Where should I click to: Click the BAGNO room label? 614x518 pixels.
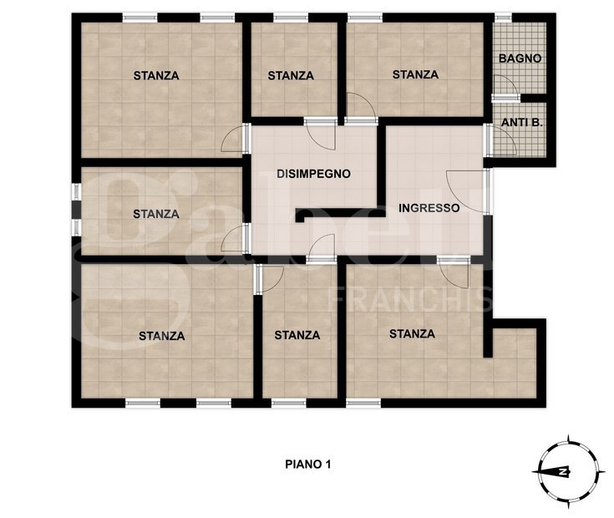click(x=520, y=58)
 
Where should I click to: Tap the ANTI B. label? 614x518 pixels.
click(x=522, y=123)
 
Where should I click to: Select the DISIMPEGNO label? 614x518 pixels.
click(x=313, y=174)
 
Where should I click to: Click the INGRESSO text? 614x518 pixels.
click(x=429, y=208)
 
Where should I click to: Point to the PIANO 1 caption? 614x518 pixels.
click(x=308, y=465)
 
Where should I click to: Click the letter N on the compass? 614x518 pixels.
click(x=563, y=471)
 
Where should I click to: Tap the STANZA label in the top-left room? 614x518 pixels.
click(x=156, y=75)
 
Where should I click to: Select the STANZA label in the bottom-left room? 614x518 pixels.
click(x=162, y=336)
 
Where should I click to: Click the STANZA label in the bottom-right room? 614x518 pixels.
click(x=412, y=334)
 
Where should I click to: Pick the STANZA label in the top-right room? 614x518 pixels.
click(x=415, y=74)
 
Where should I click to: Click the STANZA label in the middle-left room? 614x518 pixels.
click(x=156, y=214)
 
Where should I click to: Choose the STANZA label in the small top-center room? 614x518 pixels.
click(x=291, y=75)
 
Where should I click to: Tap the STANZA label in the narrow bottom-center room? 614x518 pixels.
click(x=297, y=335)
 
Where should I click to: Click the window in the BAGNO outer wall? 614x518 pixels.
click(x=503, y=18)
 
